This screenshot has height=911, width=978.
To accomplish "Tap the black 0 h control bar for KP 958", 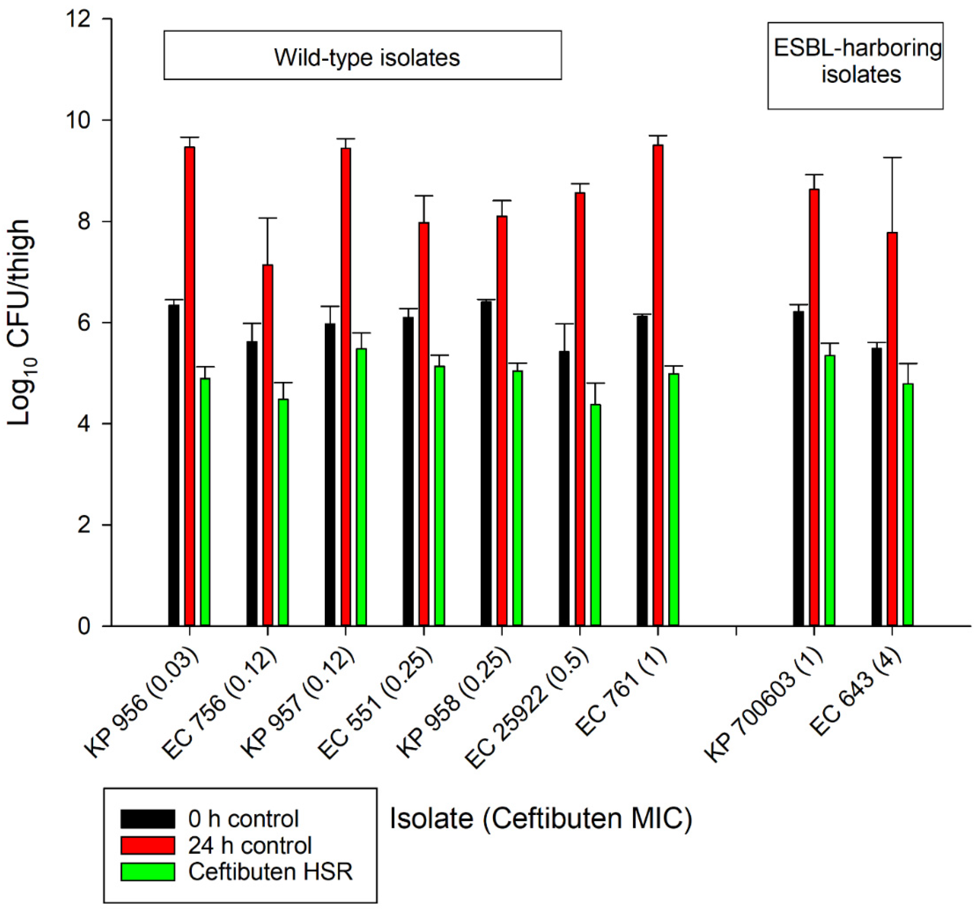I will [486, 463].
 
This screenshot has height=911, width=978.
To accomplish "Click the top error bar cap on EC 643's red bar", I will [892, 157].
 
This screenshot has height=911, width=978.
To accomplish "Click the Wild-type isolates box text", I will [367, 58].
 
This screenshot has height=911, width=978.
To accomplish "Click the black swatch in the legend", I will [147, 819].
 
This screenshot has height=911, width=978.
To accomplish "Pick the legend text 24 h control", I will [250, 846].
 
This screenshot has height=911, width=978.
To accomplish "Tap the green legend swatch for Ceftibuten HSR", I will [147, 872].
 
